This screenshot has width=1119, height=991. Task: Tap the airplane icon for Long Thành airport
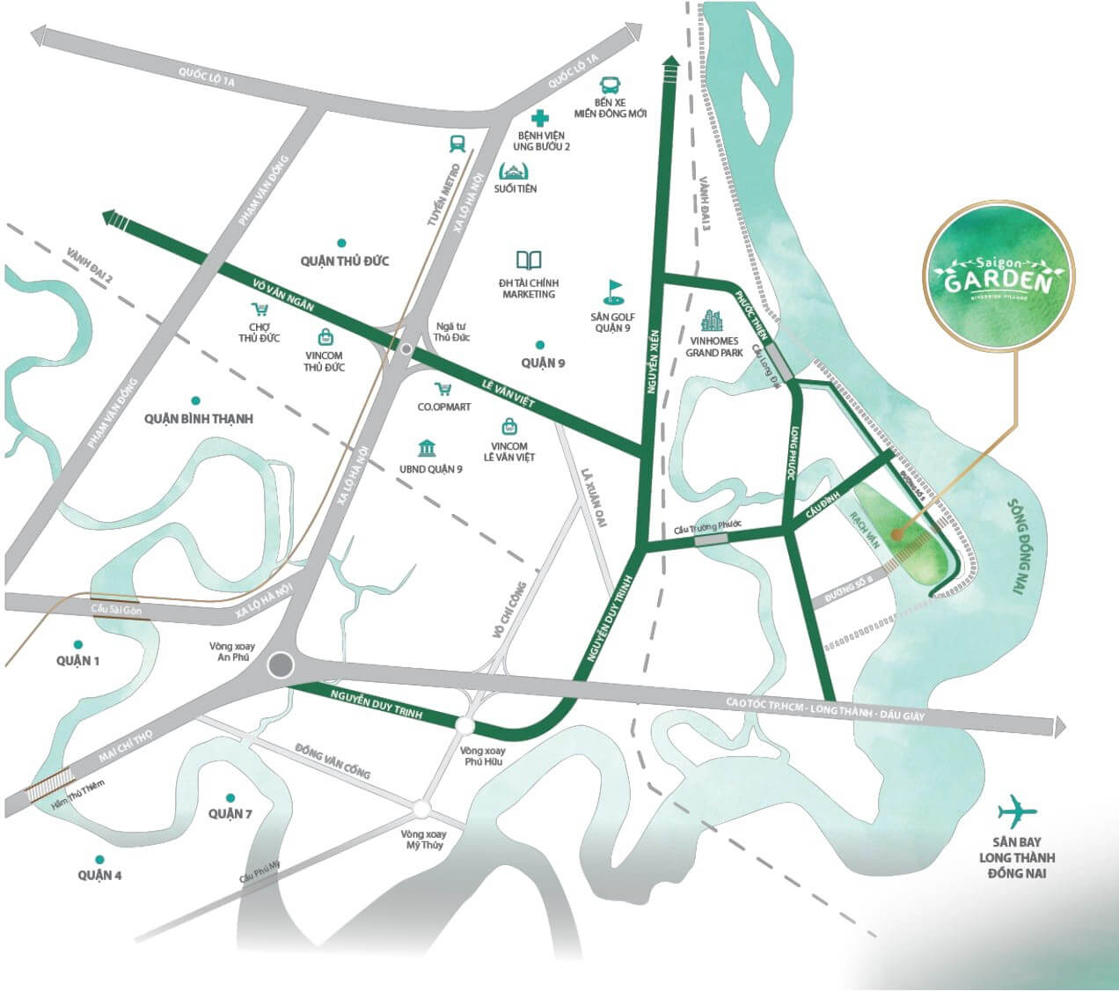click(x=1018, y=811)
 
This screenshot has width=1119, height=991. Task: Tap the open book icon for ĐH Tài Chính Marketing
click(x=529, y=261)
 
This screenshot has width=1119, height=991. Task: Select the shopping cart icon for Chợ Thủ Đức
click(x=260, y=309)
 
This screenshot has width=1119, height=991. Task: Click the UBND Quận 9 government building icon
click(x=428, y=448)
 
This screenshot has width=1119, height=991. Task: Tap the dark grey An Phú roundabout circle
click(x=282, y=665)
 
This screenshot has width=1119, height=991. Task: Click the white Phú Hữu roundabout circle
click(x=464, y=726)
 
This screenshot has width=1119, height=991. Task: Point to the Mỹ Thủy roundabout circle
click(x=423, y=808)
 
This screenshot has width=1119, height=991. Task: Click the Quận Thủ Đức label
click(x=344, y=261)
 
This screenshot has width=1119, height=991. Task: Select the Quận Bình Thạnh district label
click(x=199, y=419)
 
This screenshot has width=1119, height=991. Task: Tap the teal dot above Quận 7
click(x=230, y=795)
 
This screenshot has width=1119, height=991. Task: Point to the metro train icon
click(x=457, y=143)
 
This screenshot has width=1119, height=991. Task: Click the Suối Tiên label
click(x=516, y=188)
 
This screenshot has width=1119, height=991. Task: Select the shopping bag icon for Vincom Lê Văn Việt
click(x=508, y=427)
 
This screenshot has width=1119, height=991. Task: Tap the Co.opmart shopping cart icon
click(x=442, y=389)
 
